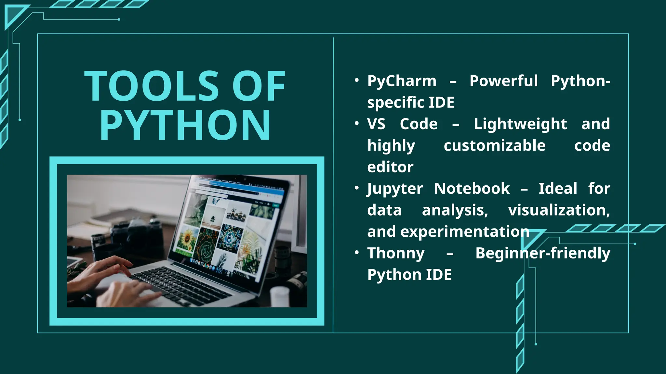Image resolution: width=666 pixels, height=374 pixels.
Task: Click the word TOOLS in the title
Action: [152, 86]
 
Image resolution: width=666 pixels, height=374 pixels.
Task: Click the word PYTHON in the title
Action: [185, 125]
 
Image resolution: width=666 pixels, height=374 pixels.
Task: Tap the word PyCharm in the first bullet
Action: [402, 81]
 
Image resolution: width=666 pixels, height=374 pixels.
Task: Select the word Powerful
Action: [503, 81]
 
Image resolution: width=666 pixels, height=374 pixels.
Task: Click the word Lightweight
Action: [520, 124]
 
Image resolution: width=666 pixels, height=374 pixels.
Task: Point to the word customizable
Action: [494, 145]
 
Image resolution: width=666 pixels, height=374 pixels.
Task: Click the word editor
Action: [390, 167]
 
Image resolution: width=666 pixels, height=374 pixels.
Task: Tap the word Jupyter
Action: [395, 189]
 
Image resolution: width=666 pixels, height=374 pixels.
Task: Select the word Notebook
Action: [472, 189]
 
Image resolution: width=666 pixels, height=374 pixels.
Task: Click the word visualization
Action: [559, 210]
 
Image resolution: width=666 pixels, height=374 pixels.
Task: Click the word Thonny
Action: [396, 253]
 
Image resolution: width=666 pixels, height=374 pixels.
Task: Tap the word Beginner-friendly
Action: [542, 253]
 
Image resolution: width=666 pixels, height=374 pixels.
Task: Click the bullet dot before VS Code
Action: [357, 123]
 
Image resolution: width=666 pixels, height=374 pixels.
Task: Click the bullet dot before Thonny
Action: [357, 252]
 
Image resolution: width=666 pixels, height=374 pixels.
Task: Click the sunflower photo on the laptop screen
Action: [187, 240]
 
